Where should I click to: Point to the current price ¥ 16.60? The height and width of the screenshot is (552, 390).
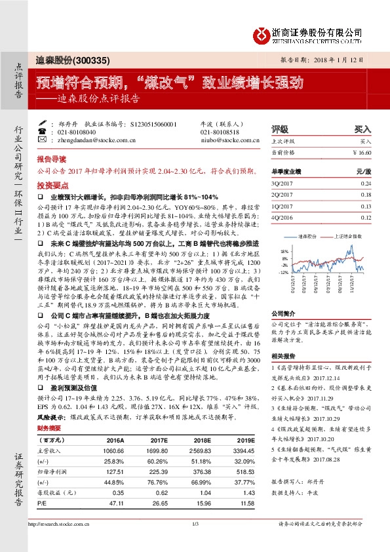coord(362,152)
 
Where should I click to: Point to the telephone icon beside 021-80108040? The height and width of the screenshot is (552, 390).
coord(43,132)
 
